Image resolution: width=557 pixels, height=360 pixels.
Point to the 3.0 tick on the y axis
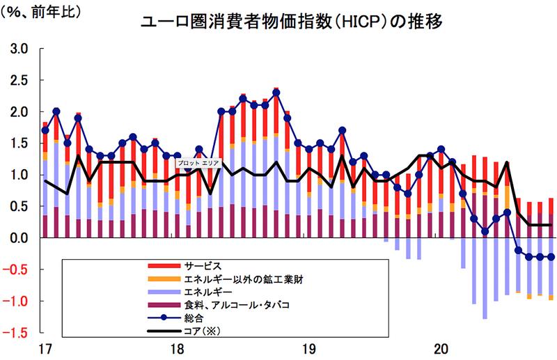coord(18,49)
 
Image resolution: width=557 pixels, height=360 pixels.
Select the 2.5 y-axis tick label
coord(18,81)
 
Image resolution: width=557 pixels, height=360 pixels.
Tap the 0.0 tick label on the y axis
coord(18,238)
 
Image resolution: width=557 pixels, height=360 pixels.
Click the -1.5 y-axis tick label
coord(16,333)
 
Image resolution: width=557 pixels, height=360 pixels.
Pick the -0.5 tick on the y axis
coord(16,270)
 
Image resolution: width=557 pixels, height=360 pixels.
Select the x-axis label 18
coord(176,348)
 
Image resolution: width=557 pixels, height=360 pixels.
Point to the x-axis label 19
coord(308,348)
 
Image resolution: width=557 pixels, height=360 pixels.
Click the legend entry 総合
coord(193,318)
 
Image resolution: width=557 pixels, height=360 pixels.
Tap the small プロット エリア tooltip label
coord(200,164)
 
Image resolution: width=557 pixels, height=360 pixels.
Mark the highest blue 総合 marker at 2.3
coord(276,93)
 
